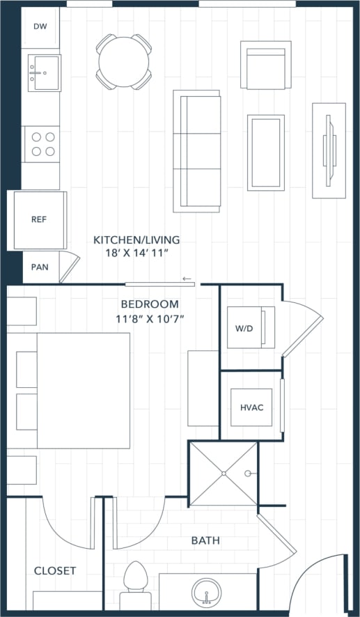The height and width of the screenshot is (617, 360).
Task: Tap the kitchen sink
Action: tap(42, 72)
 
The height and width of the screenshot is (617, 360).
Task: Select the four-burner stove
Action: tap(41, 143)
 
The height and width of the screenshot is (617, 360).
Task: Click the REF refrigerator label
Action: tap(39, 219)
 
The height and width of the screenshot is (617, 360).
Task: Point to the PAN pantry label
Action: tap(39, 267)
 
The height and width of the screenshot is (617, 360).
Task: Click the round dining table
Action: tap(124, 62)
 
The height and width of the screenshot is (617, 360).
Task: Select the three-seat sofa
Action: tap(196, 150)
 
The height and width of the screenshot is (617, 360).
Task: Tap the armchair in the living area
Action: tap(265, 65)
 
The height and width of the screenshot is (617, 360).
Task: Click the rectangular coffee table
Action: tap(265, 153)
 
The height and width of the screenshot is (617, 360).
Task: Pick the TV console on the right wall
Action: tap(329, 150)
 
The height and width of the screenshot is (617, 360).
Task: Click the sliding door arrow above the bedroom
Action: tap(187, 279)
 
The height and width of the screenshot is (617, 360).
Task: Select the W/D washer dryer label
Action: tap(244, 328)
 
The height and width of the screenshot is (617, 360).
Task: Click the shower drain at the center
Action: tap(224, 474)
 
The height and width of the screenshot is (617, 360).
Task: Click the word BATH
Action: tap(205, 540)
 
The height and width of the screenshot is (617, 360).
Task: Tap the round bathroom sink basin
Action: tap(208, 594)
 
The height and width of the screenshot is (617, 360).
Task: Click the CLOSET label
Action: tap(55, 570)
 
